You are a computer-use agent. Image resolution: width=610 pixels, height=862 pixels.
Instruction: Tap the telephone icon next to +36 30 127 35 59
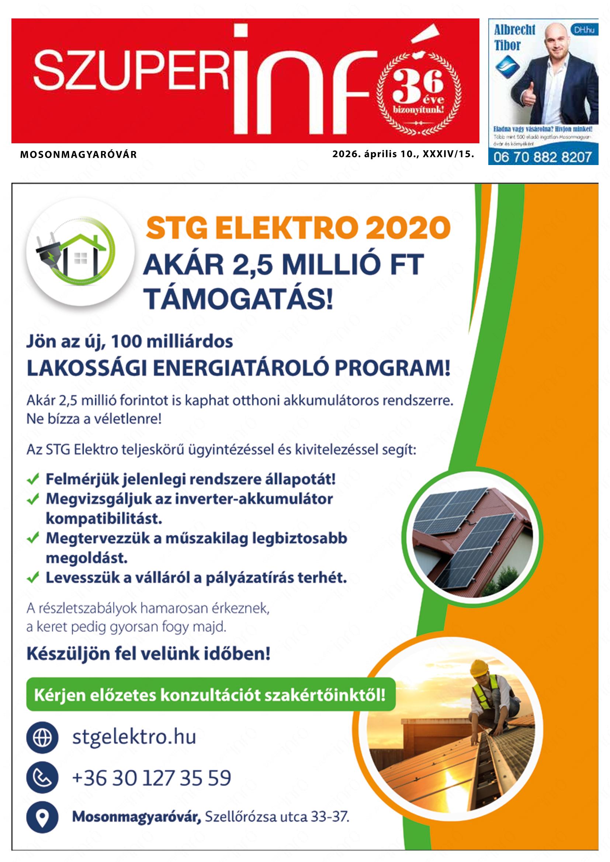(42, 778)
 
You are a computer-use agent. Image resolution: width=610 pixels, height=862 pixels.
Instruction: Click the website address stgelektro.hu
(134, 737)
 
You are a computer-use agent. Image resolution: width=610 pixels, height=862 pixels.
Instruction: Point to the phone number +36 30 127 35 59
(151, 778)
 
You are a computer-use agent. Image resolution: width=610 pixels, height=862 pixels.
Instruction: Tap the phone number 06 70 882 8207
(543, 157)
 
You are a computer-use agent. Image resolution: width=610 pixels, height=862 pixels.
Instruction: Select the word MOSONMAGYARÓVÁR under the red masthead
(78, 154)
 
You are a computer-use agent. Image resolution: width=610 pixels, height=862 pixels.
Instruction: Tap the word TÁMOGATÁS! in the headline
(239, 297)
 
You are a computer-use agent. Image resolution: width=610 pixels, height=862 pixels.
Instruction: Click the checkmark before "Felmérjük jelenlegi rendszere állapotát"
(34, 479)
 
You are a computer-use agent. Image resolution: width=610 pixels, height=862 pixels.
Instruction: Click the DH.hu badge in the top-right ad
(584, 30)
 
